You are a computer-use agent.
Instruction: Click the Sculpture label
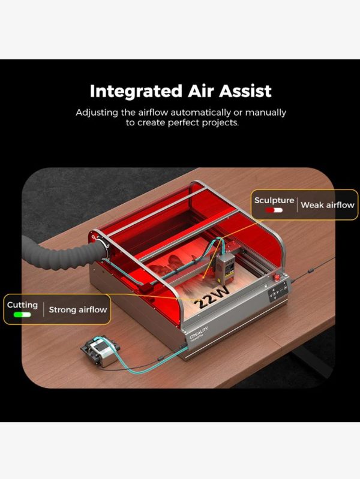click(274, 200)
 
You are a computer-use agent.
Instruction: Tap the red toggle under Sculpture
click(274, 210)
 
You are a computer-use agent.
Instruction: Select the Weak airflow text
click(328, 205)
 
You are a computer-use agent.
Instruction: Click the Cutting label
click(23, 305)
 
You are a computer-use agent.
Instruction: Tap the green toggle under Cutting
click(23, 315)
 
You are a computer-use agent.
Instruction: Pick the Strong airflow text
click(78, 310)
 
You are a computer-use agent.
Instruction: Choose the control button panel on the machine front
click(277, 294)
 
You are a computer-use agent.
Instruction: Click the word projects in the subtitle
click(224, 123)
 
